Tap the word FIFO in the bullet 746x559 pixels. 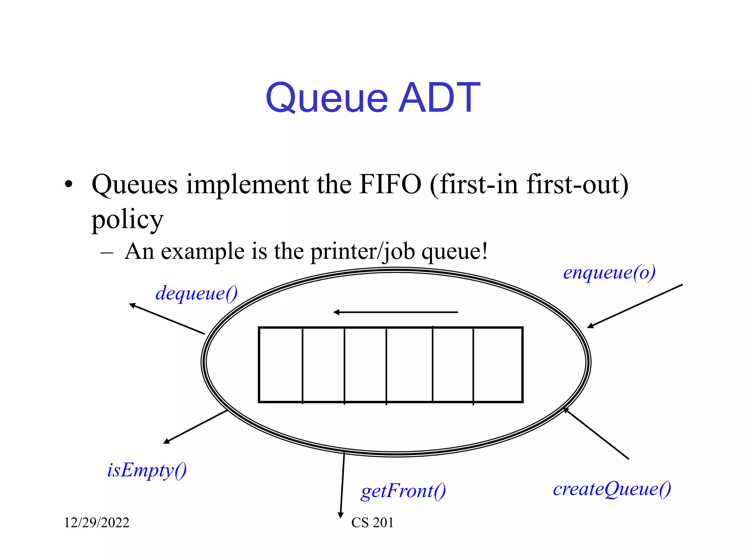tap(390, 184)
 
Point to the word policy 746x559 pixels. tap(127, 220)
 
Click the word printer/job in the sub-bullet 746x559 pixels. tap(362, 251)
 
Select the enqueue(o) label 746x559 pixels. tap(609, 273)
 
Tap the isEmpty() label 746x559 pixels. tap(147, 470)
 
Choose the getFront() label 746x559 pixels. tap(403, 491)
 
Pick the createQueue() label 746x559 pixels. tap(612, 489)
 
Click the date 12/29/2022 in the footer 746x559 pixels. tap(97, 523)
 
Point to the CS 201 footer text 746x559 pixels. tap(372, 523)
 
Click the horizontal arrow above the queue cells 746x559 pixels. tap(396, 312)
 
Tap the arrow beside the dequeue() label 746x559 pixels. tap(167, 319)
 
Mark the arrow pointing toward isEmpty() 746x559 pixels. tap(195, 427)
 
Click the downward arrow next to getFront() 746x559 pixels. tap(342, 484)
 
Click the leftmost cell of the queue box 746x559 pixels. tap(281, 365)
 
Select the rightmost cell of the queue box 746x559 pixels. tap(498, 365)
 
